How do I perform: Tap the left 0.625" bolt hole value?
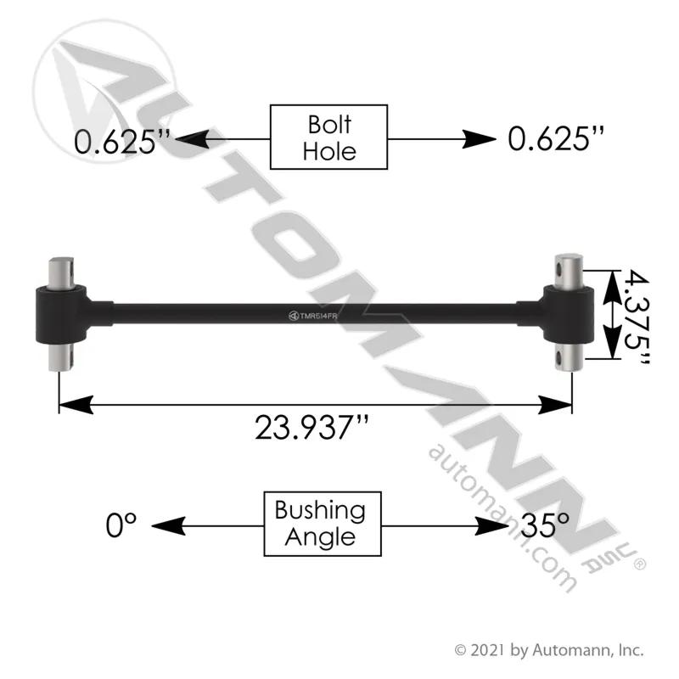coord(122,141)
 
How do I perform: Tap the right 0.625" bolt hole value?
coord(556,139)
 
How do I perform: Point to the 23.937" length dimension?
coord(311,428)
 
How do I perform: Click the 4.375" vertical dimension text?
coord(637,316)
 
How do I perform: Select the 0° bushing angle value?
coord(121,525)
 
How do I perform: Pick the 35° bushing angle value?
coord(545,525)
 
